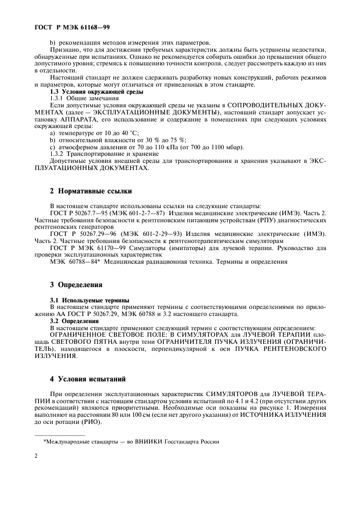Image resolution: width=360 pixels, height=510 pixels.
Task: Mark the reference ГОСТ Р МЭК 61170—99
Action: coord(83,248)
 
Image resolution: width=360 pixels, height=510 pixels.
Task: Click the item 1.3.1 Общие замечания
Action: coord(80,98)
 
